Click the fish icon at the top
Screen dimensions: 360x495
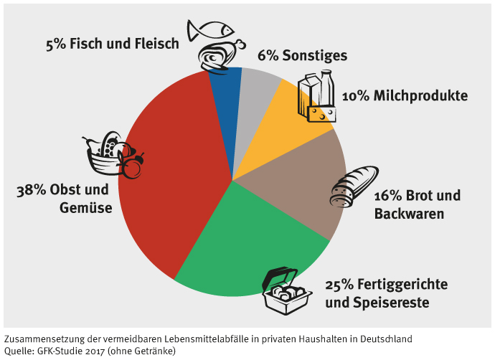[211, 29]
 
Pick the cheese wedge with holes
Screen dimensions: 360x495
[322, 112]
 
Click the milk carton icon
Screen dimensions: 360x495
[309, 90]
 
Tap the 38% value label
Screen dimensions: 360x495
[31, 191]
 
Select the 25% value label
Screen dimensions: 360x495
[339, 285]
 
